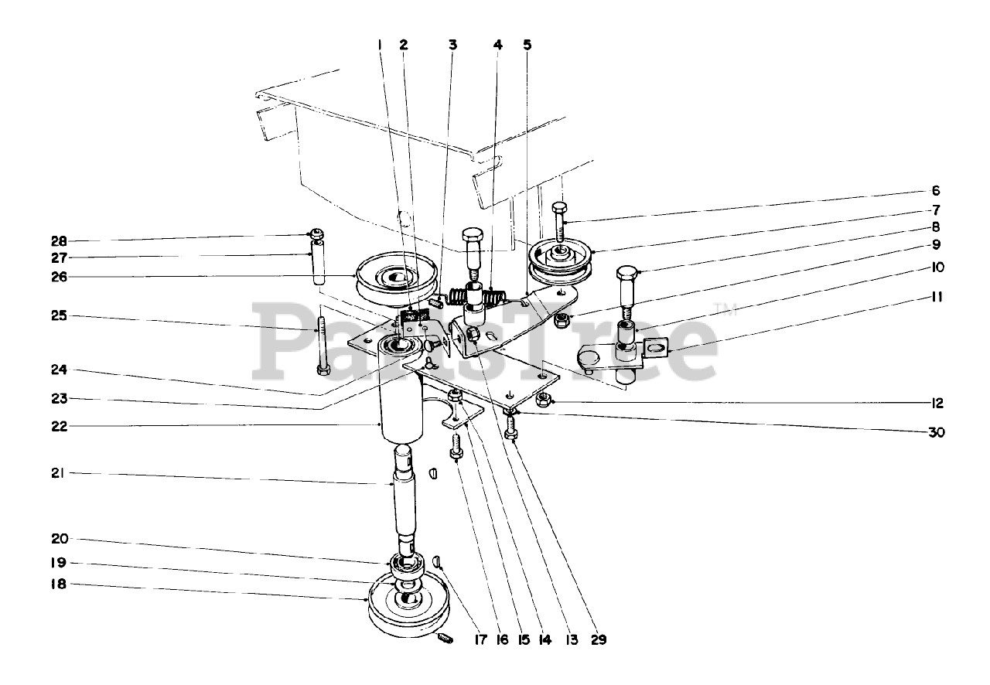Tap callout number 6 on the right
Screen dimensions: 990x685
point(935,191)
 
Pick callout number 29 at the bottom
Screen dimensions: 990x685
point(599,639)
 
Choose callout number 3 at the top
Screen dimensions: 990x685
point(452,45)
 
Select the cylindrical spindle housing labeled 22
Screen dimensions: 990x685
point(401,410)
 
